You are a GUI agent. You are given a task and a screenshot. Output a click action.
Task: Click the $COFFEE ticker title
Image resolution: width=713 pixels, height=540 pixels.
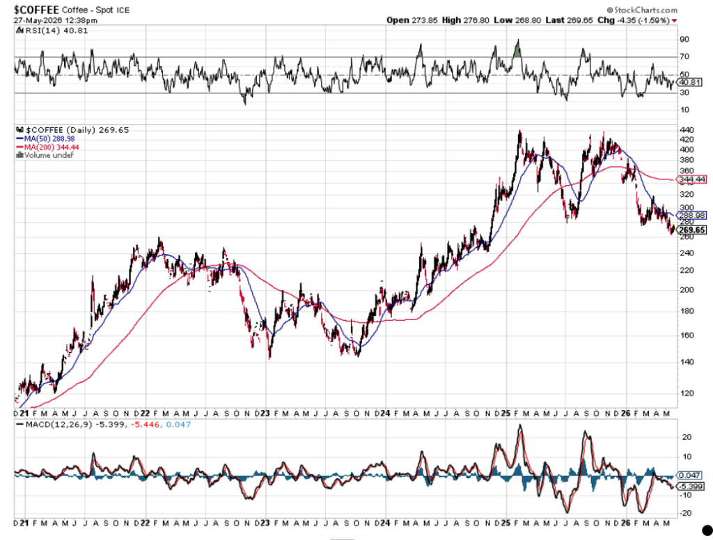[36, 10]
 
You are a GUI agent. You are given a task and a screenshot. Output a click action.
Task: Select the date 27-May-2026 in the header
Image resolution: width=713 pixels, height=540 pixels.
[32, 20]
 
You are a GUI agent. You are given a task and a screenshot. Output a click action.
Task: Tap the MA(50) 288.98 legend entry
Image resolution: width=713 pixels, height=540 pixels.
[45, 138]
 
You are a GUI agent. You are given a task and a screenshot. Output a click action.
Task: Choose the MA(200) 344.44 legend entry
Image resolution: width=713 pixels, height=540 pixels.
[47, 147]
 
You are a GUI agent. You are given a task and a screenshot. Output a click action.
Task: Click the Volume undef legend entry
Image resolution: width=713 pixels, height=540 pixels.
[45, 155]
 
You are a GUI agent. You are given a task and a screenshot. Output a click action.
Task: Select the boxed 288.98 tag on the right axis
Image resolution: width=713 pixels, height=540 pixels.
[691, 215]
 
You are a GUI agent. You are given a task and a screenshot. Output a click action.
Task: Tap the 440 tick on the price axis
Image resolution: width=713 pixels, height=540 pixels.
[686, 130]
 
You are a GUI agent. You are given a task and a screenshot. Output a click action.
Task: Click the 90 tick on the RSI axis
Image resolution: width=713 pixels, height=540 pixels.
[684, 40]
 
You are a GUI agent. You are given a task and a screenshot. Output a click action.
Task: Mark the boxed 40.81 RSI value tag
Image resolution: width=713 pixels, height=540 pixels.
[690, 82]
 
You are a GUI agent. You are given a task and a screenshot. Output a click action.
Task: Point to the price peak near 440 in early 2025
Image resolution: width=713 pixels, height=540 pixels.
[520, 132]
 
